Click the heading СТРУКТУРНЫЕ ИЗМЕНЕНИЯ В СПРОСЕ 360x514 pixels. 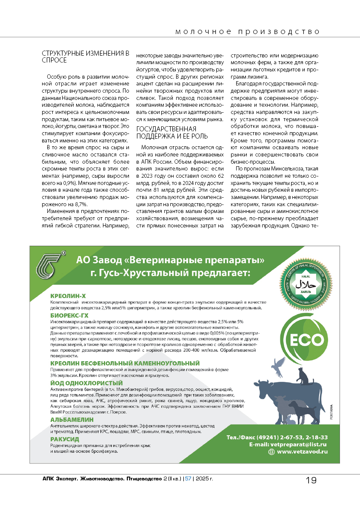pos(85,57)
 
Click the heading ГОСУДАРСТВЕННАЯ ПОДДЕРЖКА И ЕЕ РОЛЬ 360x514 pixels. pos(166,132)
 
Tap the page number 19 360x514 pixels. pos(311,480)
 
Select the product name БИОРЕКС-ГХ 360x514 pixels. pos(69,315)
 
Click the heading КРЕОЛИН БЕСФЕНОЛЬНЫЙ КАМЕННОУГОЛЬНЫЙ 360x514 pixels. pos(125,363)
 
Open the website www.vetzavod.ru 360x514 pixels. pos(302,452)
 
